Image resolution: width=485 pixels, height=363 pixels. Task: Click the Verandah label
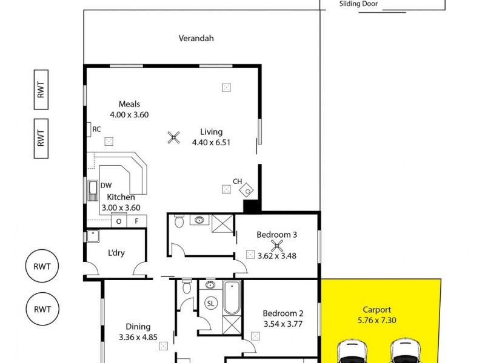(196, 38)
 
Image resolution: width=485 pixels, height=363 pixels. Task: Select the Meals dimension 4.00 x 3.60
(129, 114)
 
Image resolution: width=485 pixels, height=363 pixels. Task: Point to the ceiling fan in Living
(174, 138)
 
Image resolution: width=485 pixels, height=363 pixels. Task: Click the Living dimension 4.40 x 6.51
(211, 143)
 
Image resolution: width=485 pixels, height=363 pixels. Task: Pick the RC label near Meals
(96, 129)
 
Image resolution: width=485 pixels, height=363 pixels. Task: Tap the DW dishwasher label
(106, 186)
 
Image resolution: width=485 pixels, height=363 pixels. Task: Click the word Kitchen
(121, 197)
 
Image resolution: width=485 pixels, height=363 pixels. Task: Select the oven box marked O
(119, 221)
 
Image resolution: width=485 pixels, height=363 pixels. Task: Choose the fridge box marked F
(137, 221)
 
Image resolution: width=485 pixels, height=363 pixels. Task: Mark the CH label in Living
(238, 181)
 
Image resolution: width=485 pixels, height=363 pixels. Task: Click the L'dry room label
(116, 253)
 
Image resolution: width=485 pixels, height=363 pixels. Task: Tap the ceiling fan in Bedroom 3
(277, 246)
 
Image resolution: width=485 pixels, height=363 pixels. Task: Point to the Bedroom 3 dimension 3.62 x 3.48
(276, 256)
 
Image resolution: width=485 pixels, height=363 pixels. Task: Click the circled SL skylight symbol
(210, 303)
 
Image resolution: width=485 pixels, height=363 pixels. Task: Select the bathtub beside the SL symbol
(232, 298)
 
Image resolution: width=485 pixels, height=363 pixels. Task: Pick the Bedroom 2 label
(283, 313)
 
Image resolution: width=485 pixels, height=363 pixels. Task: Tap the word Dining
(138, 327)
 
